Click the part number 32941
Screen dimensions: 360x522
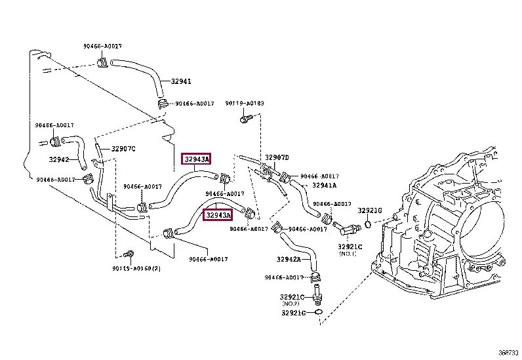pos(181,82)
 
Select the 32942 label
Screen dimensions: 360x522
pos(58,159)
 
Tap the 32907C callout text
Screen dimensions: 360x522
pos(123,149)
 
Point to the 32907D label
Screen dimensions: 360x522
pos(276,157)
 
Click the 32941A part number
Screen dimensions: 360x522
pos(324,186)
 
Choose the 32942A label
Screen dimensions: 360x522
pos(288,260)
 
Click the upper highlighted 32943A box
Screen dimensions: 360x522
pos(197,159)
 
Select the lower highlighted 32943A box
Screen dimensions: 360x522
pos(218,215)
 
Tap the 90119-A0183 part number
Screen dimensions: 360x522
pos(245,104)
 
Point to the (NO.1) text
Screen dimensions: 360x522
pos(348,254)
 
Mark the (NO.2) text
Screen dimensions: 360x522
pos(291,304)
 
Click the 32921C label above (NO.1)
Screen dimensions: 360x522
pos(348,247)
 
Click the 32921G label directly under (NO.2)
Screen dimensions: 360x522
pos(293,313)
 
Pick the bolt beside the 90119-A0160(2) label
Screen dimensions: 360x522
pos(129,254)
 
